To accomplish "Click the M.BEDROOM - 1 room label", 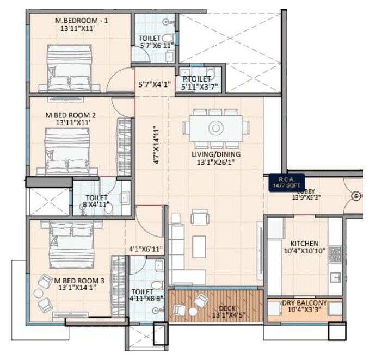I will tap(82, 21).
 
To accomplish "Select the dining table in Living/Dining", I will tap(215, 128).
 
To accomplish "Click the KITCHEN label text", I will tap(304, 243).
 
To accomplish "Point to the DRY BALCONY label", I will tap(304, 303).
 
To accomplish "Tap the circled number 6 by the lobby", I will tap(356, 196).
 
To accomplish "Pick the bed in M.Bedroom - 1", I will tap(70, 67).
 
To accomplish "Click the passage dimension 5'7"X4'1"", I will tap(155, 84).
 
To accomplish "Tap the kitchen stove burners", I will tap(336, 252).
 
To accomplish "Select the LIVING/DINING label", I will tap(216, 154).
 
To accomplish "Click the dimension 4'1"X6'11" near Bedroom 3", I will tap(146, 249).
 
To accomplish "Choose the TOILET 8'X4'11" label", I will tap(96, 201).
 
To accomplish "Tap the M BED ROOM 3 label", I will tap(79, 281).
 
